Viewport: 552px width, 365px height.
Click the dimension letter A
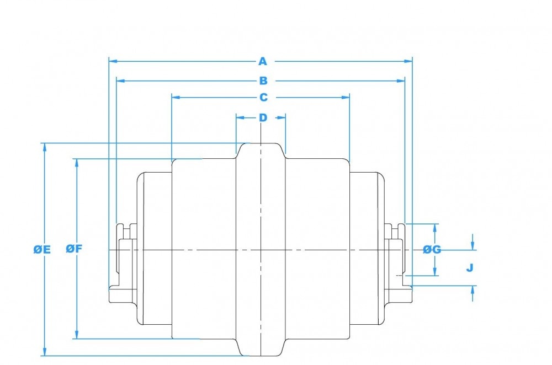point(263,61)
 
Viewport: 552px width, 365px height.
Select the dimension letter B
point(263,81)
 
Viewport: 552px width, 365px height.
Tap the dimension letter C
point(263,98)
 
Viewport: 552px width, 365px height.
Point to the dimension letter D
point(263,117)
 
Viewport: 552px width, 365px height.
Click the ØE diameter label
point(42,250)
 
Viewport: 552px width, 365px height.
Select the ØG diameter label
point(432,249)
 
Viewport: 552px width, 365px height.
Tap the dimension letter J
point(470,268)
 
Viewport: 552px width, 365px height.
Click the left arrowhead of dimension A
point(112,61)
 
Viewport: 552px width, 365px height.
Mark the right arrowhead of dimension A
point(410,61)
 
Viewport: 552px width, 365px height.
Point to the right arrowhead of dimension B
point(402,81)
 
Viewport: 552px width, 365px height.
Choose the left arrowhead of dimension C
point(175,98)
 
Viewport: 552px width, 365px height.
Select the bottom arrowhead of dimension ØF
point(76,336)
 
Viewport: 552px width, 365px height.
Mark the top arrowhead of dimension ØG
point(436,227)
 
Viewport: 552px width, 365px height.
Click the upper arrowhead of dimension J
point(473,246)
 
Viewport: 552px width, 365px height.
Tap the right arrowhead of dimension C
point(347,98)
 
